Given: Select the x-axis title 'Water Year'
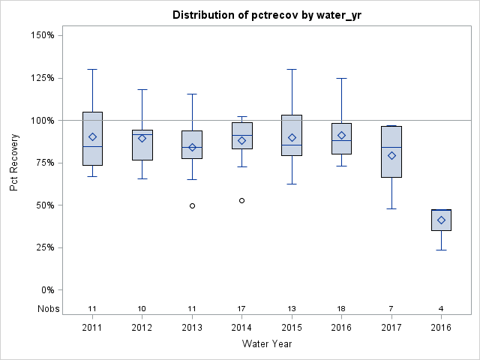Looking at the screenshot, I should (266, 343).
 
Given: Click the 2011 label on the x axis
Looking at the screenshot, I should (92, 327).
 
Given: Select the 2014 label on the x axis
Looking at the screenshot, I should (241, 327).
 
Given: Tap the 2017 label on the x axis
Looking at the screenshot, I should (391, 327).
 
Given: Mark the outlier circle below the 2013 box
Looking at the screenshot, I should (192, 205).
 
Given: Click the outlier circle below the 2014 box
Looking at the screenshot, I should (241, 200).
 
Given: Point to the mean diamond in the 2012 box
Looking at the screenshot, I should (142, 138).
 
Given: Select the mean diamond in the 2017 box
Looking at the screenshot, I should (391, 155).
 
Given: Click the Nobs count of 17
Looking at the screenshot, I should (241, 308).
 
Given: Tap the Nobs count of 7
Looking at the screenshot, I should (391, 308).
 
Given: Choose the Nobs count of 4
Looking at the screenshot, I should (441, 308).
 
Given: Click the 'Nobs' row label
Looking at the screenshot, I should (47, 308).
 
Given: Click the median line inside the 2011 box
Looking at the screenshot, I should (92, 146).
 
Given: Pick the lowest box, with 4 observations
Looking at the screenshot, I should (441, 220).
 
